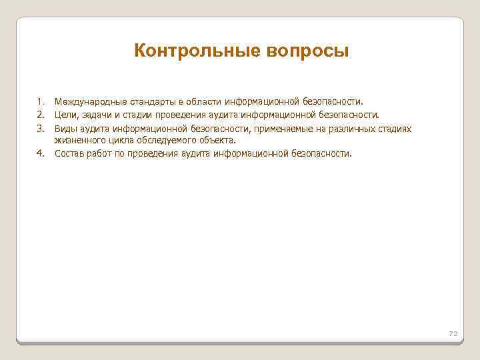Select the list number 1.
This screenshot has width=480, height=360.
coord(41,102)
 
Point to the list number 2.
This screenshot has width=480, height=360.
coord(41,115)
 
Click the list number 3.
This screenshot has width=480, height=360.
coord(41,127)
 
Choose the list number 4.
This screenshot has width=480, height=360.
coord(41,153)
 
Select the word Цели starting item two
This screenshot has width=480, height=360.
coord(67,115)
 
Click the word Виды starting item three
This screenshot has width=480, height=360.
coord(67,127)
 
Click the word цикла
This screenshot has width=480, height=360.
coord(123,141)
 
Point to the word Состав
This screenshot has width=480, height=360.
coord(70,153)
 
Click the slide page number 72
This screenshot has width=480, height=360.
coord(453,333)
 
